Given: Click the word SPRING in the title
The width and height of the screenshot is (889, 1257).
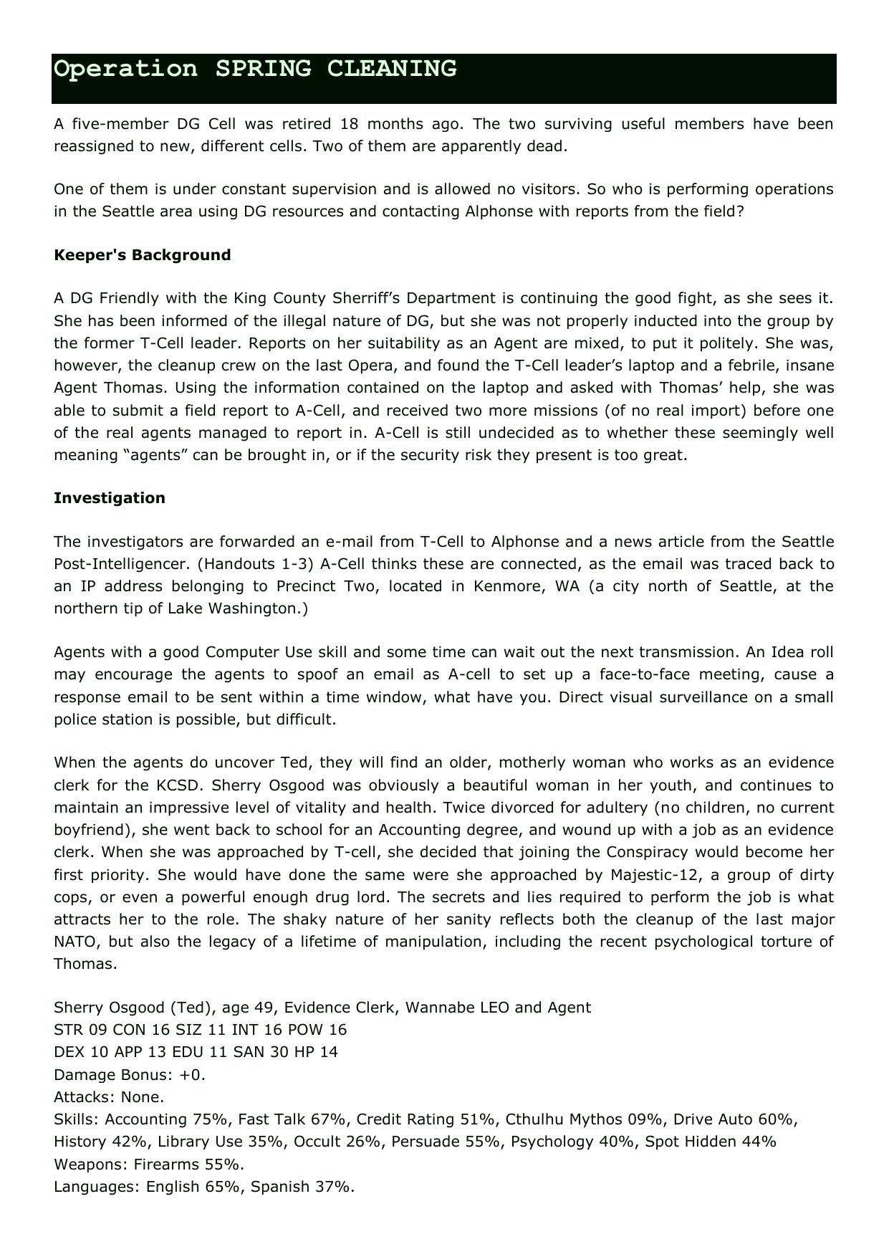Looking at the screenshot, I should click(x=263, y=70).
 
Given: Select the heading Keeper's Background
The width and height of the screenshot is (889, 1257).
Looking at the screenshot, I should click(x=142, y=255).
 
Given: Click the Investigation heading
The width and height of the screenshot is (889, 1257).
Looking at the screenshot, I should click(x=109, y=498).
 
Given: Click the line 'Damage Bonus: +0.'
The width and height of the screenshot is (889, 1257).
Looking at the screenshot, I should click(x=130, y=1075).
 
